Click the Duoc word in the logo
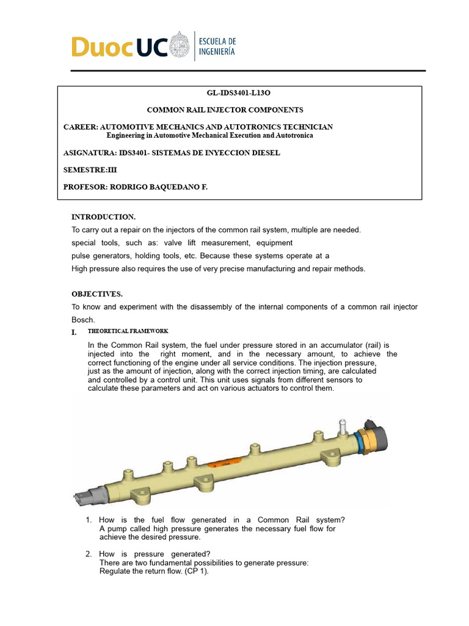(x=100, y=47)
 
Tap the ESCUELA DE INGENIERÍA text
(x=218, y=47)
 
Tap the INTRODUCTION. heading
(x=103, y=217)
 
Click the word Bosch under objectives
(x=82, y=319)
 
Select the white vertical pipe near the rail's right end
(x=342, y=425)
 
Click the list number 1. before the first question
(x=89, y=520)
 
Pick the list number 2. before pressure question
(x=89, y=554)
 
